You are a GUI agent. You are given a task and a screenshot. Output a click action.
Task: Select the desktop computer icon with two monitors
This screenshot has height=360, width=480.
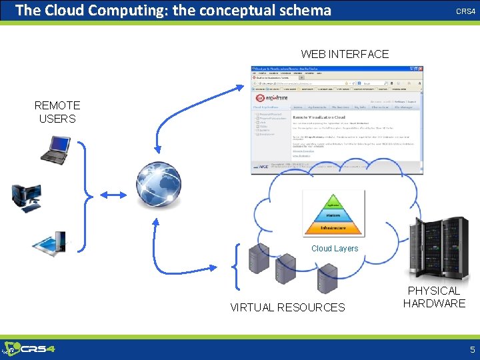point(26,197)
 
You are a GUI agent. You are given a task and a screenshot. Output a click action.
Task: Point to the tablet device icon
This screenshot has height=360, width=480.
point(50,245)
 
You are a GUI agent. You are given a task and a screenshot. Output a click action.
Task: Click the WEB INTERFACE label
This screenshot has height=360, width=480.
point(345,54)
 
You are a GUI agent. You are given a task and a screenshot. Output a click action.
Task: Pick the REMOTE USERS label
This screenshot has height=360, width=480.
point(57,112)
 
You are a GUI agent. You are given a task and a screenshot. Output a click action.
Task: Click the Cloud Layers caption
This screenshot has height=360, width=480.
point(335,249)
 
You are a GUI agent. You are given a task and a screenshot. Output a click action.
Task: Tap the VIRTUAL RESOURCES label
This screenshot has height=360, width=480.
point(287,307)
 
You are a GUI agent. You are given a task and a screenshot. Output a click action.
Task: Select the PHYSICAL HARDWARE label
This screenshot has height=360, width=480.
point(434,297)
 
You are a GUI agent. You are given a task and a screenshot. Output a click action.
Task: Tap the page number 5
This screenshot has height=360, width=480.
point(472,349)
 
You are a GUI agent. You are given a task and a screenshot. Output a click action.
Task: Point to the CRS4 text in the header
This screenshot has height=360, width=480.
point(465,12)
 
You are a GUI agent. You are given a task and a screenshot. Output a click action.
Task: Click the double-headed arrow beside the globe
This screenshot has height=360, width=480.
point(113,195)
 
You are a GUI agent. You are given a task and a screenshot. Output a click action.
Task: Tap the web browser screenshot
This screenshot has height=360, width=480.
point(336,120)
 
